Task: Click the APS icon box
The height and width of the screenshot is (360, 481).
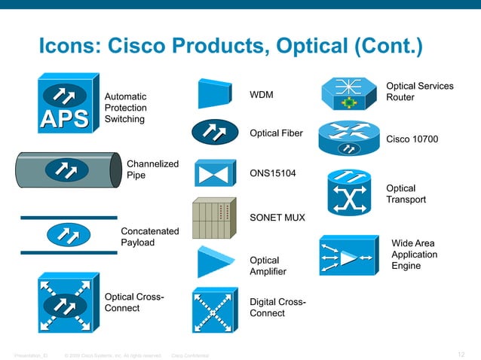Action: click(x=67, y=106)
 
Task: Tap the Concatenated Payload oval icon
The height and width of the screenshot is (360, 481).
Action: click(x=69, y=234)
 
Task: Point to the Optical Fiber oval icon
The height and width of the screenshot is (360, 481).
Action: click(x=215, y=133)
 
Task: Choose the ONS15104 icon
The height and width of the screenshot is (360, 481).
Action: click(x=215, y=173)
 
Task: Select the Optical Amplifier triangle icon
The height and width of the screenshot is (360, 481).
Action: click(x=214, y=262)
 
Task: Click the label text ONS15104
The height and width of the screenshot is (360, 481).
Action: click(x=273, y=173)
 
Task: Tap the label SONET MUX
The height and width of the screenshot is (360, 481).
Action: click(x=277, y=218)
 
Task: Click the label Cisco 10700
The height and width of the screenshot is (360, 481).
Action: click(x=412, y=139)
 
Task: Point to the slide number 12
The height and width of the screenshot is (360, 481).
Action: click(x=462, y=354)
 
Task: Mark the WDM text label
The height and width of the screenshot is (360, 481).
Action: click(x=262, y=95)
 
